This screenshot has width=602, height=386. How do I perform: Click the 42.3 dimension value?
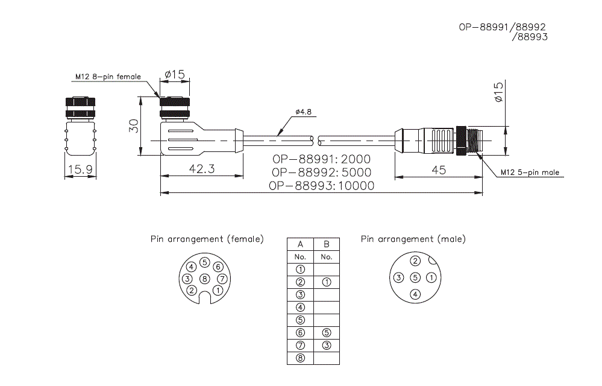201,169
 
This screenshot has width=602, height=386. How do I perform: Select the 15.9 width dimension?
80,170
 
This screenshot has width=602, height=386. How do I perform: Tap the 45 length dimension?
439,170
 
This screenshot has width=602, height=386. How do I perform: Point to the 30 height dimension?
134,125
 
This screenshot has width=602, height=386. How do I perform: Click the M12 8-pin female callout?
108,77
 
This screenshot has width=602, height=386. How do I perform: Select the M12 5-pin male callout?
530,172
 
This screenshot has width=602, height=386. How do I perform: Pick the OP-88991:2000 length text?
321,159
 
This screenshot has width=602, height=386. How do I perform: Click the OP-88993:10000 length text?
321,186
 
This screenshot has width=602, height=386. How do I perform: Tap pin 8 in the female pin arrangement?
205,279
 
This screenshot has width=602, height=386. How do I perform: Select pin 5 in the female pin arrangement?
205,262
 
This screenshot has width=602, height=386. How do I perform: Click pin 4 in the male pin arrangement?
415,294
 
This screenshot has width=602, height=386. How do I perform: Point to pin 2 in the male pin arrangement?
415,261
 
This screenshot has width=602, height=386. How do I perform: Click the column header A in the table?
300,244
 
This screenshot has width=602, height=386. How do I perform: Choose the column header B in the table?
326,244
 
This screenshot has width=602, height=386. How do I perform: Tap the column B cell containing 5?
326,333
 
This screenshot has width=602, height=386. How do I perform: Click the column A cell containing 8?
300,358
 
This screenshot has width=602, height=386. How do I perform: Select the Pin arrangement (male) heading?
413,239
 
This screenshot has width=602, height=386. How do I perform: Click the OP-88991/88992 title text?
503,27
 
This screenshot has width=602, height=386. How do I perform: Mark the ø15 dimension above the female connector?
174,74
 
